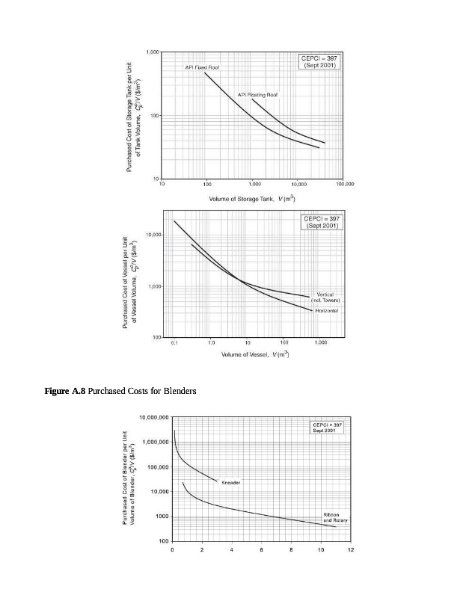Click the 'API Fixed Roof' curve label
point(202,67)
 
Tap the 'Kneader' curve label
point(231,483)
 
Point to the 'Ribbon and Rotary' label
point(331,517)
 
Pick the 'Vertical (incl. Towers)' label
point(325,297)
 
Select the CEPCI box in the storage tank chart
point(321,62)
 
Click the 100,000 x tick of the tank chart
point(345,183)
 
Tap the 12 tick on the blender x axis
point(350,549)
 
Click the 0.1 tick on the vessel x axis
point(174,342)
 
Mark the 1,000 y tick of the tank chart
point(152,52)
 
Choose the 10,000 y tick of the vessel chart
point(153,235)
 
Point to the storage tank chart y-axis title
point(133,116)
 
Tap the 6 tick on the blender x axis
point(261,549)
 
